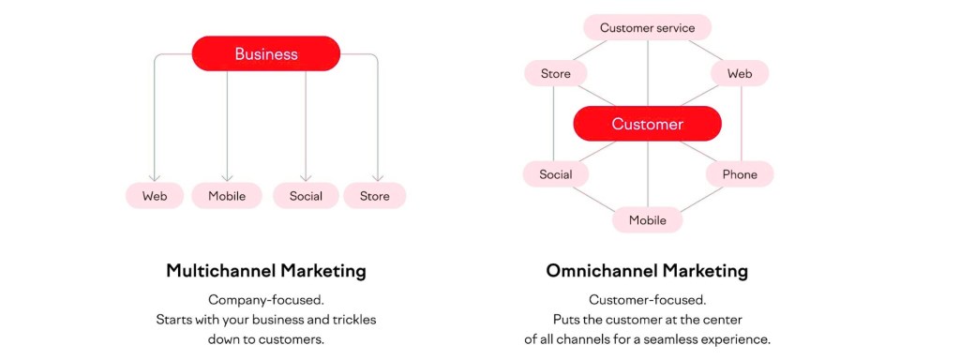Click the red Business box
tap(265, 53)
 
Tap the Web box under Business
tap(155, 196)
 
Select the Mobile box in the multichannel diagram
tap(227, 196)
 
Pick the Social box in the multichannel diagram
tap(306, 196)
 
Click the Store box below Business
tap(374, 196)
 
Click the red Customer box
tap(647, 125)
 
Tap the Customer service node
tap(647, 28)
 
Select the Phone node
tap(740, 174)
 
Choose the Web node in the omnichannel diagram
tap(740, 73)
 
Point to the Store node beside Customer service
tap(555, 73)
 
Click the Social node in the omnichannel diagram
tap(555, 174)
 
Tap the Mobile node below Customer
tap(647, 219)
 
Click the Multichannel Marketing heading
tap(266, 271)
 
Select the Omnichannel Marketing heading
tap(647, 271)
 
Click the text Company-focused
tap(265, 300)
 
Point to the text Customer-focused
tap(647, 300)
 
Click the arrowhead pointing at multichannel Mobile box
tap(227, 177)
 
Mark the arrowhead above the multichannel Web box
tap(155, 177)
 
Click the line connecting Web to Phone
tap(742, 124)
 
